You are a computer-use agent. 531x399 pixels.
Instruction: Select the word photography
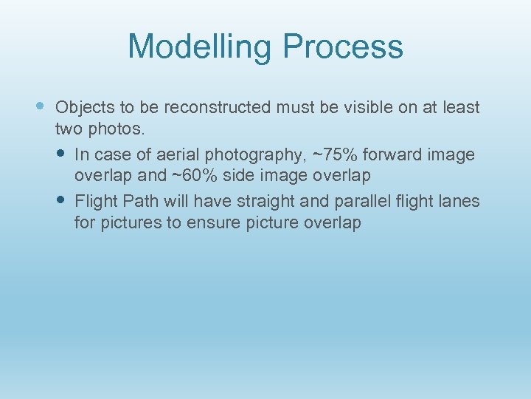click(x=255, y=155)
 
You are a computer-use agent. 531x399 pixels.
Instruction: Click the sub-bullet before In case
click(x=61, y=154)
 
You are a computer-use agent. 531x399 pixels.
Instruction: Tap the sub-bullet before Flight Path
click(x=61, y=200)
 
